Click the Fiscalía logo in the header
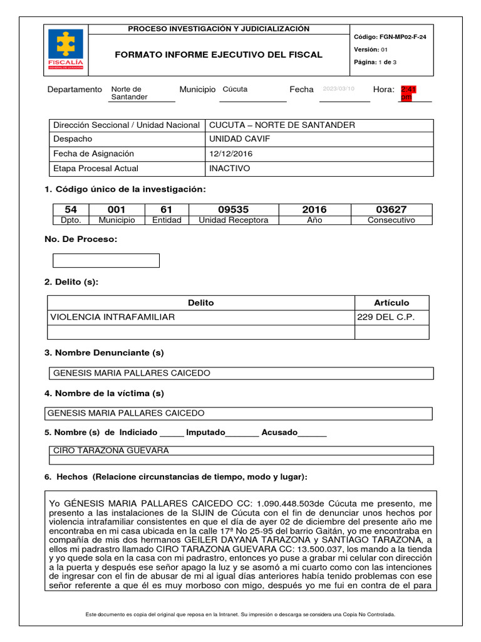coord(66,50)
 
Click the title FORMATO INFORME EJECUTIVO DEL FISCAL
coord(219,55)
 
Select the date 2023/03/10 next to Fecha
coord(338,90)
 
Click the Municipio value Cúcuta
coord(235,90)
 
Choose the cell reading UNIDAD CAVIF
coord(230,139)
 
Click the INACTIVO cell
coord(229,169)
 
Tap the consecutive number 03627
coord(391,209)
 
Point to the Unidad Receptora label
coord(233,220)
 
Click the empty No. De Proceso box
coord(106,260)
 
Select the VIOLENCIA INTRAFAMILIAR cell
coord(113,317)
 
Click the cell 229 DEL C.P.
coord(385,317)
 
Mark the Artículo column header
coord(391,303)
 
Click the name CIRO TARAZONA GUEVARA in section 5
coord(111,450)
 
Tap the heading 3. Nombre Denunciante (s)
coord(104,353)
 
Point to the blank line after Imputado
coord(241,433)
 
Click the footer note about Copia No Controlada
coord(240,615)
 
